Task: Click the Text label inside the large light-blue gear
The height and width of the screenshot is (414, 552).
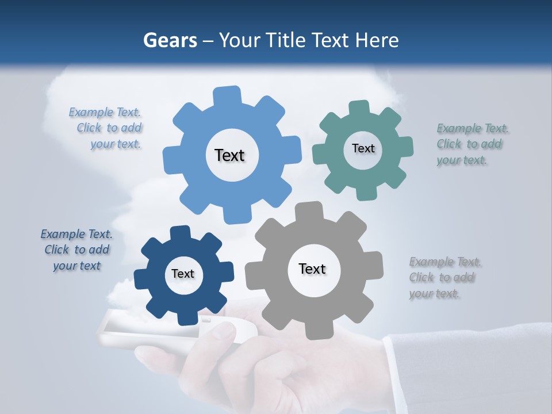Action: tap(229, 155)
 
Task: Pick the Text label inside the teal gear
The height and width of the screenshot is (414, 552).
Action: tap(363, 148)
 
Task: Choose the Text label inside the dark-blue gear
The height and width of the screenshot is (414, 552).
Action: tap(183, 274)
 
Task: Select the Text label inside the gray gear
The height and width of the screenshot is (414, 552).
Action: tap(312, 269)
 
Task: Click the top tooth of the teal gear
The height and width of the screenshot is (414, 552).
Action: tap(359, 108)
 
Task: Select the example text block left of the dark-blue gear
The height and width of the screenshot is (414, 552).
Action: tap(76, 250)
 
